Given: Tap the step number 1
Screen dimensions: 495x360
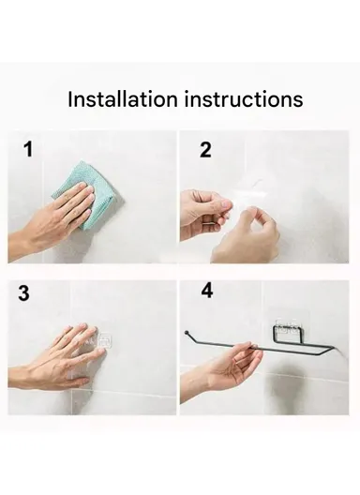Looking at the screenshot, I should (x=29, y=150).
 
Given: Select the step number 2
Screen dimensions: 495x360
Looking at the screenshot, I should (x=204, y=150).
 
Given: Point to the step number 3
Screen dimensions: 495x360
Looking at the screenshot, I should (x=24, y=293).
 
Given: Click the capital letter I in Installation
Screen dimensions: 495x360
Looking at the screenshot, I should (x=71, y=99).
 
